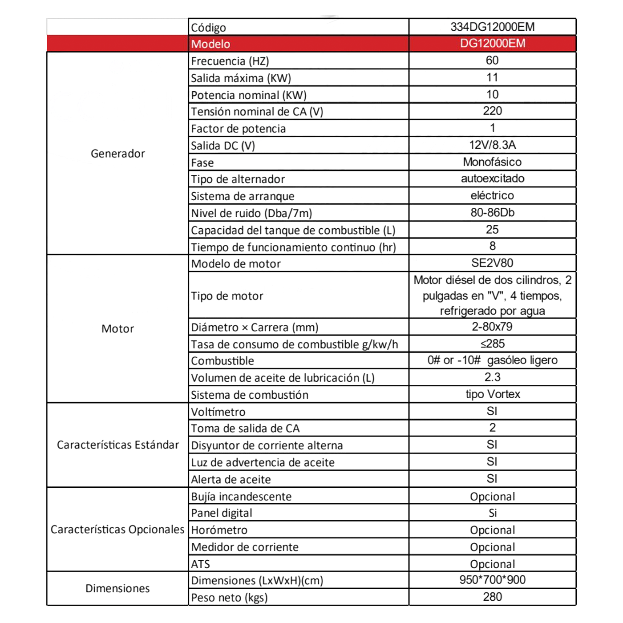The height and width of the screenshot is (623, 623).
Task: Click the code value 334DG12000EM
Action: [492, 27]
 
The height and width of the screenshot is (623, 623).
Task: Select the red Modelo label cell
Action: [210, 44]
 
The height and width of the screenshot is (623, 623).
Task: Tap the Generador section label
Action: [117, 154]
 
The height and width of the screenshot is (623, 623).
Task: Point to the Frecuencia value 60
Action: [492, 61]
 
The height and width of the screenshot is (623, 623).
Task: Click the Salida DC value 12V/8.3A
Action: [492, 145]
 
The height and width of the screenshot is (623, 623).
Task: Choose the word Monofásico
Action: [492, 162]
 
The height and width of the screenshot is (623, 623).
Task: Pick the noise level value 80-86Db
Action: [492, 213]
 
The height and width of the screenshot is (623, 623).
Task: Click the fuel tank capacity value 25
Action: [492, 230]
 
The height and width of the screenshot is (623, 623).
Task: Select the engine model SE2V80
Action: [492, 263]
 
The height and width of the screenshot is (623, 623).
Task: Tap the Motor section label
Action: [117, 329]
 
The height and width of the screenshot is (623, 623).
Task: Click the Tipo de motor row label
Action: [227, 296]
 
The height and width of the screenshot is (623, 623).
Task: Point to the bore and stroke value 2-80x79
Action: [492, 327]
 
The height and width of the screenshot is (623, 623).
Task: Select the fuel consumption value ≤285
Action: [492, 344]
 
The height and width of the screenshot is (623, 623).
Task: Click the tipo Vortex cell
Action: [493, 394]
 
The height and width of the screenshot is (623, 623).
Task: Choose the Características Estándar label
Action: [117, 445]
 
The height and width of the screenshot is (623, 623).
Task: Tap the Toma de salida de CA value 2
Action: [492, 428]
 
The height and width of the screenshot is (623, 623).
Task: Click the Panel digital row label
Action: [222, 513]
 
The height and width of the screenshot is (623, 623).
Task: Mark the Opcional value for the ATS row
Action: [492, 564]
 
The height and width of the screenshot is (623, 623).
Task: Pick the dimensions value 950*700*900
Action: [492, 580]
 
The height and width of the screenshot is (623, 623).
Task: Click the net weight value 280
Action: [492, 597]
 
